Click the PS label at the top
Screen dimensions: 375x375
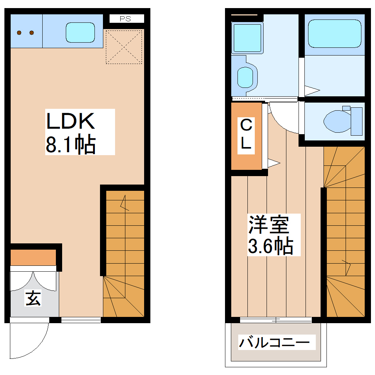point(125,19)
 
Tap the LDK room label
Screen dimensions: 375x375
point(71,121)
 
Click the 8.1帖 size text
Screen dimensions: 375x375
point(71,144)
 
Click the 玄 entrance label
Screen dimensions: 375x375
point(33,298)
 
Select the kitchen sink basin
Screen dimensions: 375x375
point(80,33)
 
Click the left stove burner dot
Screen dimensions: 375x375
point(19,33)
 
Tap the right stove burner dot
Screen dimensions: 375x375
point(32,33)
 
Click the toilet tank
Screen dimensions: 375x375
point(356,121)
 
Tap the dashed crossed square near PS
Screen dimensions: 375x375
point(124,46)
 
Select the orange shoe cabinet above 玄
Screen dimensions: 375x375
point(33,257)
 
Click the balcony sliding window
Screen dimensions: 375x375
point(276,320)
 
